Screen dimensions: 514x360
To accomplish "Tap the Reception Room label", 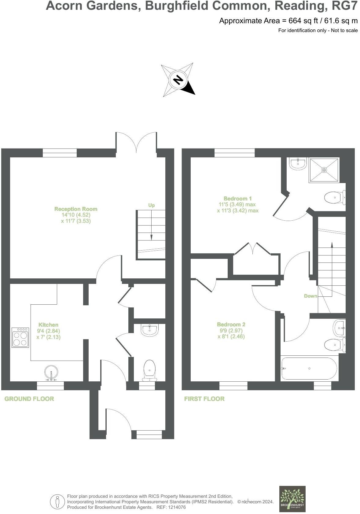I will coord(76,209).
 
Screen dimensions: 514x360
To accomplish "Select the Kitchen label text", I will coord(48,325).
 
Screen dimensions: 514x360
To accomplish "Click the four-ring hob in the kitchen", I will coord(20,338).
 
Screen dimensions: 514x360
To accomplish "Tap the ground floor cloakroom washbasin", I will coord(149,330).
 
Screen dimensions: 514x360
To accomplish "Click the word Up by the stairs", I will coord(152,205).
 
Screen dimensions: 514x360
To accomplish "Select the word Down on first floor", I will coord(310,296).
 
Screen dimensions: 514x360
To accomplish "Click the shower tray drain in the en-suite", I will coord(324,170).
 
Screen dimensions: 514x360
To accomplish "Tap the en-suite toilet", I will coord(334,198).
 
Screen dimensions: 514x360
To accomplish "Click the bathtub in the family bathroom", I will coord(309,369).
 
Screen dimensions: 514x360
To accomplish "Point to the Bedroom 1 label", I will coord(238,198).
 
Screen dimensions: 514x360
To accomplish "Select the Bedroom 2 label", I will coord(231,325).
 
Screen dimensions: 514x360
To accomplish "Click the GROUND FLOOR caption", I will coord(29,399).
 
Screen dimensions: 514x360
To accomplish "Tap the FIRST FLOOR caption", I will coord(204,399).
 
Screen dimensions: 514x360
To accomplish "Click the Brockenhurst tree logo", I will coord(292,499).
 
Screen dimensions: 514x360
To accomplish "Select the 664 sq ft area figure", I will coord(297,21).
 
